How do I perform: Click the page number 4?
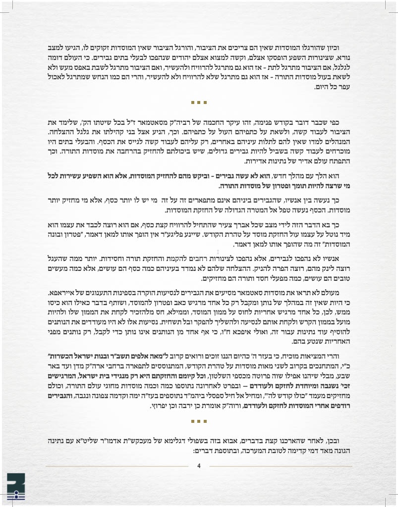pyautogui.click(x=199, y=465)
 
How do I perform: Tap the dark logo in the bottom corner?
pyautogui.click(x=16, y=488)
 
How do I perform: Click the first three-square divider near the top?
pyautogui.click(x=199, y=103)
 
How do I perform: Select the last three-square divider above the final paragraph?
pyautogui.click(x=199, y=422)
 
